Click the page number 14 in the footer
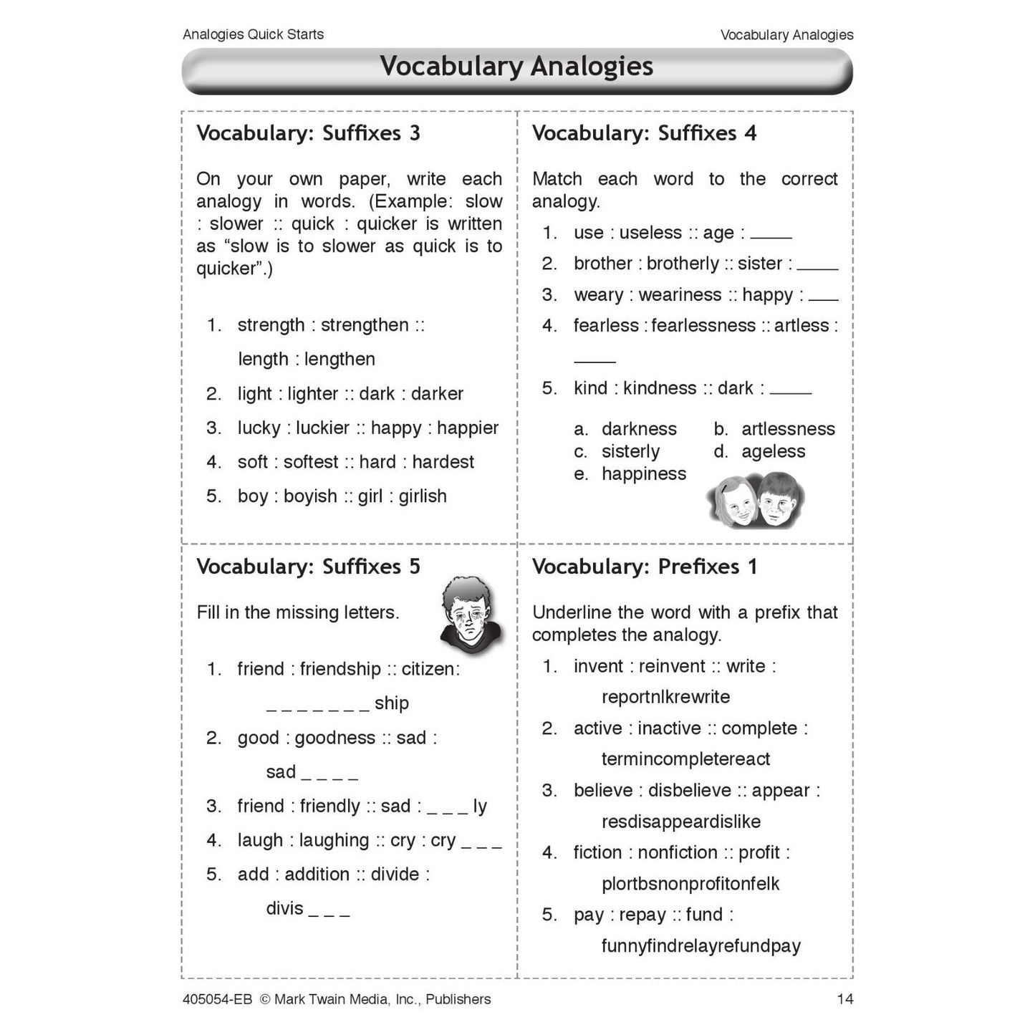click(x=844, y=999)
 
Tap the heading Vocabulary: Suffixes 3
click(x=308, y=133)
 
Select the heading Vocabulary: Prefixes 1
click(x=644, y=567)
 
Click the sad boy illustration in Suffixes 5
click(x=470, y=615)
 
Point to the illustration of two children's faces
click(x=755, y=499)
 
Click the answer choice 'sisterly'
click(x=630, y=452)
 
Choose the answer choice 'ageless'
click(x=773, y=452)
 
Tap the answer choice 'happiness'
click(x=643, y=474)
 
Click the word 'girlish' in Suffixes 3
click(x=423, y=496)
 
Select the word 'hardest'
click(x=443, y=462)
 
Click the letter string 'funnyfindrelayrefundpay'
click(x=701, y=946)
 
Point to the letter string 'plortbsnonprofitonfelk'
click(x=690, y=884)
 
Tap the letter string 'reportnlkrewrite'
click(x=665, y=697)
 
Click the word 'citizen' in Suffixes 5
click(x=428, y=669)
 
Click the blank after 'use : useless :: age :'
click(x=771, y=235)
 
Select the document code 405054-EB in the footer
click(x=217, y=999)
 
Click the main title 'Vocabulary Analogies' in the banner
click(x=516, y=67)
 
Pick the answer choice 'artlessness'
click(x=788, y=429)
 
